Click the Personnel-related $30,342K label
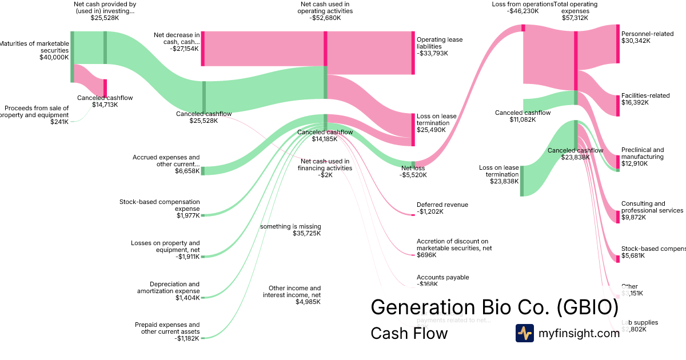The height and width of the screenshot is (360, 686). pos(647,37)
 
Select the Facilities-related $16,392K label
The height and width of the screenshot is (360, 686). pos(645,99)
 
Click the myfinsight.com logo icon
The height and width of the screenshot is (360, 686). pos(524,333)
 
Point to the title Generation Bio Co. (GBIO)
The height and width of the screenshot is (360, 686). pos(494,307)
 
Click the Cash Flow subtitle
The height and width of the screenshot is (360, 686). pos(409,333)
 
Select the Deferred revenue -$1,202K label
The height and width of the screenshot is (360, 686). pos(442,208)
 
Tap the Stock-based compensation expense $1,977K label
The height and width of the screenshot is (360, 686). pos(159,209)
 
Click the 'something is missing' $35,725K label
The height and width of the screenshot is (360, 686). pos(290,230)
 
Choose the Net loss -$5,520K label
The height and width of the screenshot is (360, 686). pos(414,171)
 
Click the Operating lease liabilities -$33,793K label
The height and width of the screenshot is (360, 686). pos(440,46)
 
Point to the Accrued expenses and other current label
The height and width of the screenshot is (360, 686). pos(166,164)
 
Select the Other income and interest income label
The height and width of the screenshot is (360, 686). pos(292,295)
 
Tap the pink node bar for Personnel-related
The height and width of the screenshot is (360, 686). pos(617,43)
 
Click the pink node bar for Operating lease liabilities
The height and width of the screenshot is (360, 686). pos(413,53)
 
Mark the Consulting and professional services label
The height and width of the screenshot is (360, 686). pos(652,210)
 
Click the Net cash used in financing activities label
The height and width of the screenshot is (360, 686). pos(325,168)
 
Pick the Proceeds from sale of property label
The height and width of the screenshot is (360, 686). pos(35,114)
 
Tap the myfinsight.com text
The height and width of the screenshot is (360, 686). pos(579,333)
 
